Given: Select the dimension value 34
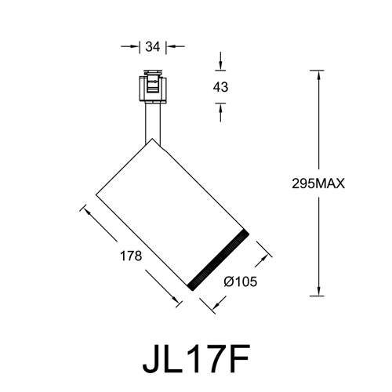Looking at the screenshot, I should click(x=153, y=46).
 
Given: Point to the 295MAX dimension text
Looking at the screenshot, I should click(x=318, y=183).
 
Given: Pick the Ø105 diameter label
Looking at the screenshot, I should click(x=241, y=281).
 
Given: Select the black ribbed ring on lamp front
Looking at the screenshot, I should click(x=219, y=259).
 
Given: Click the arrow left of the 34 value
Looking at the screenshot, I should click(x=134, y=46).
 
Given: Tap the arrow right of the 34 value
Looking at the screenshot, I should click(x=170, y=46).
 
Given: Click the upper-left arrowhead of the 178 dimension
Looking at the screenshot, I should click(x=84, y=209).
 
